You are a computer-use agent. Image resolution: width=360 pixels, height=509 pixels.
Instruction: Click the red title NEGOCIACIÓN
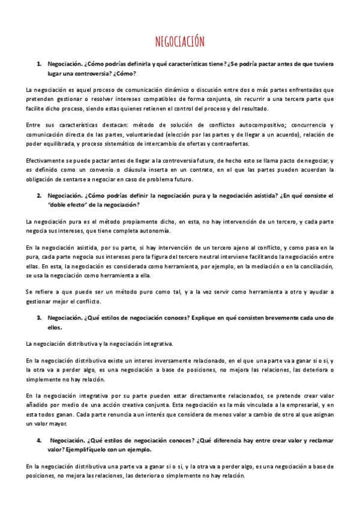point(180,41)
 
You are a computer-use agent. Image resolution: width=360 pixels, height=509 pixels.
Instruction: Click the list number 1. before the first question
point(39,64)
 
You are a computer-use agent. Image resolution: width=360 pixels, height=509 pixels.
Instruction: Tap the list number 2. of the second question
point(39,196)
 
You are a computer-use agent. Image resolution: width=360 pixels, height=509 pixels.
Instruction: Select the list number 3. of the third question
point(39,318)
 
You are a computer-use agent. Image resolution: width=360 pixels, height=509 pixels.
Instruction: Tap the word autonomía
point(154,231)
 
